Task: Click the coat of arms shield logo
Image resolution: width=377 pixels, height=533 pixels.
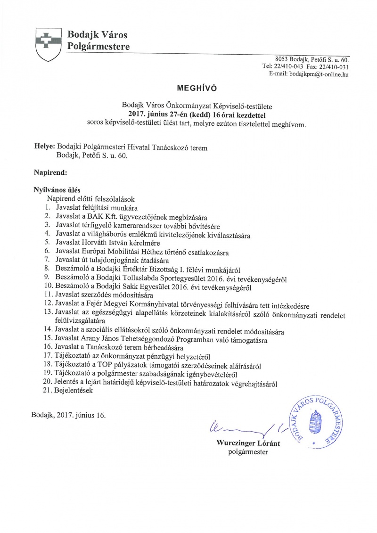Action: (x=46, y=43)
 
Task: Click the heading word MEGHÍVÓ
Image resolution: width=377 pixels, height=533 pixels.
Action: (x=191, y=88)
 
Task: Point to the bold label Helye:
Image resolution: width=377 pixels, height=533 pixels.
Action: (x=45, y=148)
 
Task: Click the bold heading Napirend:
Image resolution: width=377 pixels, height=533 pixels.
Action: (x=51, y=173)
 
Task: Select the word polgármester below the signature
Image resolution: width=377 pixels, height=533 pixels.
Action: (x=247, y=451)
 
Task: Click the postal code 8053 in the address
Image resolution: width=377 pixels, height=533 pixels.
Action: (x=283, y=60)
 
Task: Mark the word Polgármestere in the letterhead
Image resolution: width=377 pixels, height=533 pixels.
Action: (x=98, y=46)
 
